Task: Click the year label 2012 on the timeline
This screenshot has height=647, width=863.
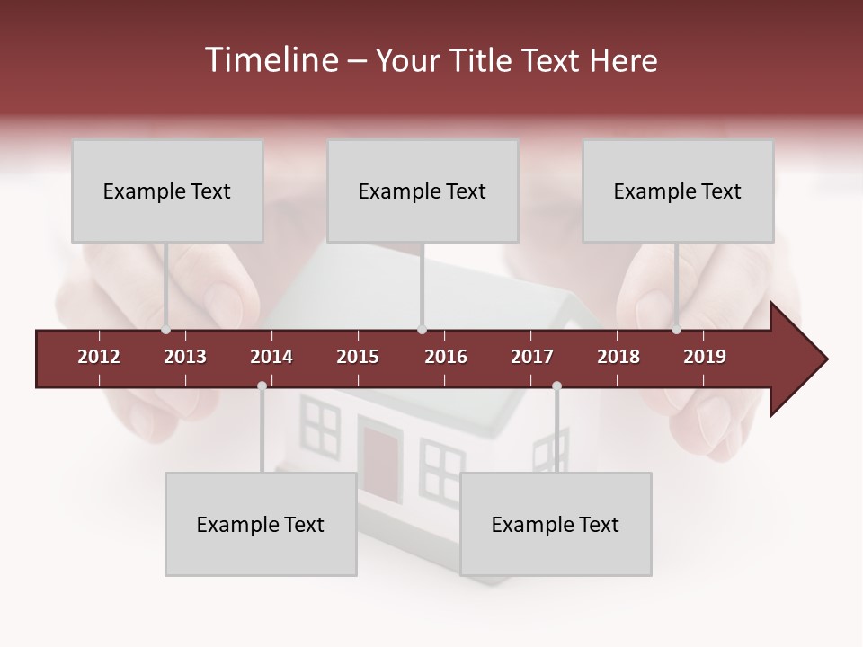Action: point(99,357)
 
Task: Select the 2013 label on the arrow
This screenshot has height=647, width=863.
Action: point(185,357)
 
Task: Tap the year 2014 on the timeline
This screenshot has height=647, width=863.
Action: point(271,357)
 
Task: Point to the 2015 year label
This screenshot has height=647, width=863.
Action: point(358,357)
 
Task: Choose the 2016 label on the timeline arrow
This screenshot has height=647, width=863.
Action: point(446,357)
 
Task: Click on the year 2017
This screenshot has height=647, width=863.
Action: point(532,357)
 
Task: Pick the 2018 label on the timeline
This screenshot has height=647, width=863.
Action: point(618,357)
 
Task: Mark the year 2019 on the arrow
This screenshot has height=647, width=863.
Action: point(705,357)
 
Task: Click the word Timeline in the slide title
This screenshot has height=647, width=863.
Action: point(270,60)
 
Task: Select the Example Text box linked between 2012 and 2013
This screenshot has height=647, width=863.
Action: point(167,191)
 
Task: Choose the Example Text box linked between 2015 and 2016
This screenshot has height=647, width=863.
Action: point(423,191)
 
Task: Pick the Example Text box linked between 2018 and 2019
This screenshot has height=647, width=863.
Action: point(678,191)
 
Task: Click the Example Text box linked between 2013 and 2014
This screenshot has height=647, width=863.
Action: point(261,524)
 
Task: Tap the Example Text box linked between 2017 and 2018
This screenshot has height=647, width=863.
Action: point(556,524)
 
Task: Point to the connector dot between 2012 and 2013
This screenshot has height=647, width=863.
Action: point(165,330)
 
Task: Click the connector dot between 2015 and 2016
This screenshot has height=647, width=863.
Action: point(423,330)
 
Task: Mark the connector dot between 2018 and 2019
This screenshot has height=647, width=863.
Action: point(677,330)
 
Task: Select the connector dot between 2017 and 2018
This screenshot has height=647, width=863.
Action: point(556,386)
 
